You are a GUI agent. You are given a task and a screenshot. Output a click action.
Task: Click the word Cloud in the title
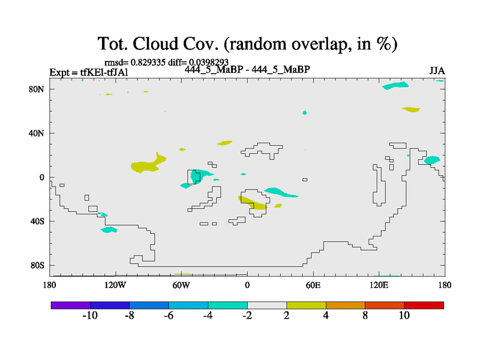pyautogui.click(x=155, y=43)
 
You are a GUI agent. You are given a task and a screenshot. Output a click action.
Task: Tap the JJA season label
pyautogui.click(x=437, y=71)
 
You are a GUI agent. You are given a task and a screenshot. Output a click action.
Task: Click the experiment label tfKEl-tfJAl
pyautogui.click(x=104, y=72)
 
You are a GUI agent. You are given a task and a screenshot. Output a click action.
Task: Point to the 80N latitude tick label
pyautogui.click(x=37, y=89)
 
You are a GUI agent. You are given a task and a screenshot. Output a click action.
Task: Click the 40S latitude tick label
pyautogui.click(x=37, y=221)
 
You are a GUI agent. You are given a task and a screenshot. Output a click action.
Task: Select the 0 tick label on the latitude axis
pyautogui.click(x=41, y=177)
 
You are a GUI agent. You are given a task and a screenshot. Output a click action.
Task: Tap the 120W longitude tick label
pyautogui.click(x=115, y=286)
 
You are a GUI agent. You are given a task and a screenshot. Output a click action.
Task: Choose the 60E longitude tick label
pyautogui.click(x=313, y=286)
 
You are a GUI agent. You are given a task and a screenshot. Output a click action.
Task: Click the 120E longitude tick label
pyautogui.click(x=379, y=286)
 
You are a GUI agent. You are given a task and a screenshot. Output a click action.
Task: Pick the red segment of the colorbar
pyautogui.click(x=424, y=305)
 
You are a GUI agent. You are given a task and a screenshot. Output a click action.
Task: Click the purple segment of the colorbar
pyautogui.click(x=71, y=305)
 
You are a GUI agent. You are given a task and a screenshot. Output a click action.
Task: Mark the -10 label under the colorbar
pyautogui.click(x=90, y=316)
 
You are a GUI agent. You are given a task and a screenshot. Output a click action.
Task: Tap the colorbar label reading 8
pyautogui.click(x=365, y=316)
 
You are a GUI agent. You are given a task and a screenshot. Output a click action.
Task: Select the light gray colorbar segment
pyautogui.click(x=267, y=305)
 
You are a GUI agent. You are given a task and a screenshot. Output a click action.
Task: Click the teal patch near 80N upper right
pyautogui.click(x=395, y=85)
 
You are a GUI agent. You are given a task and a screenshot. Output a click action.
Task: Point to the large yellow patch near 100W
pyautogui.click(x=147, y=164)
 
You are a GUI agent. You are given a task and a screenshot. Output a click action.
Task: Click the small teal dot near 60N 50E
pyautogui.click(x=305, y=113)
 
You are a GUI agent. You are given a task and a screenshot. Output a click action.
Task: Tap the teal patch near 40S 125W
pyautogui.click(x=109, y=230)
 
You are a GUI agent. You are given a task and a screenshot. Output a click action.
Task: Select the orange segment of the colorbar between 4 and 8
pyautogui.click(x=346, y=305)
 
